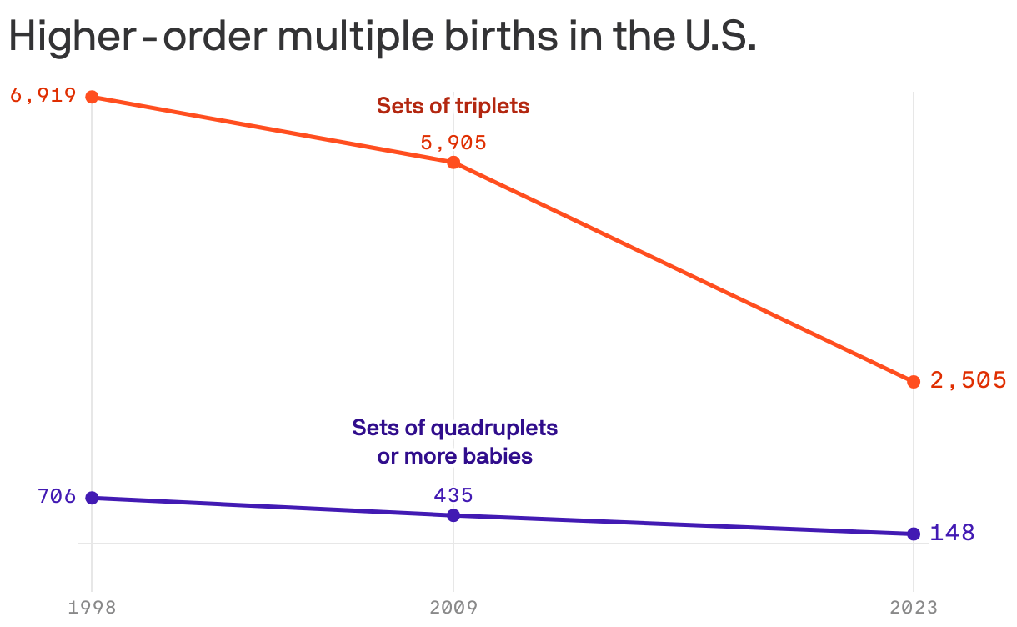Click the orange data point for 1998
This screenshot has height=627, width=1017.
tap(92, 97)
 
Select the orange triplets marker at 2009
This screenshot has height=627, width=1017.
tap(453, 162)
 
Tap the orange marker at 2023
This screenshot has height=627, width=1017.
tap(914, 381)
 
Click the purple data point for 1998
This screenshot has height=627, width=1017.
tap(92, 498)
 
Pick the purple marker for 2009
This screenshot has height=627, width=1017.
tap(453, 515)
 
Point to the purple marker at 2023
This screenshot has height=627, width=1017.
tap(914, 534)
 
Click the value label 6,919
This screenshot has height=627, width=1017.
tap(43, 95)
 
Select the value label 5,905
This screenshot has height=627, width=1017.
tap(453, 143)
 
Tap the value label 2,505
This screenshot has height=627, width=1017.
tap(968, 380)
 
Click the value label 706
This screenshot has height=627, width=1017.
tap(57, 497)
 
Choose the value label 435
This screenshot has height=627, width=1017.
tap(453, 495)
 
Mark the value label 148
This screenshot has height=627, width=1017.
tap(952, 533)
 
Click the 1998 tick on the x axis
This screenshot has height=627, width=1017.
tap(92, 607)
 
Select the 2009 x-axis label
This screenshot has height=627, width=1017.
tap(453, 607)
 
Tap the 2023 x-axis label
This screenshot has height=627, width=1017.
tap(914, 607)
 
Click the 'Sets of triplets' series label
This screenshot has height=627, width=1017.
tap(453, 106)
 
